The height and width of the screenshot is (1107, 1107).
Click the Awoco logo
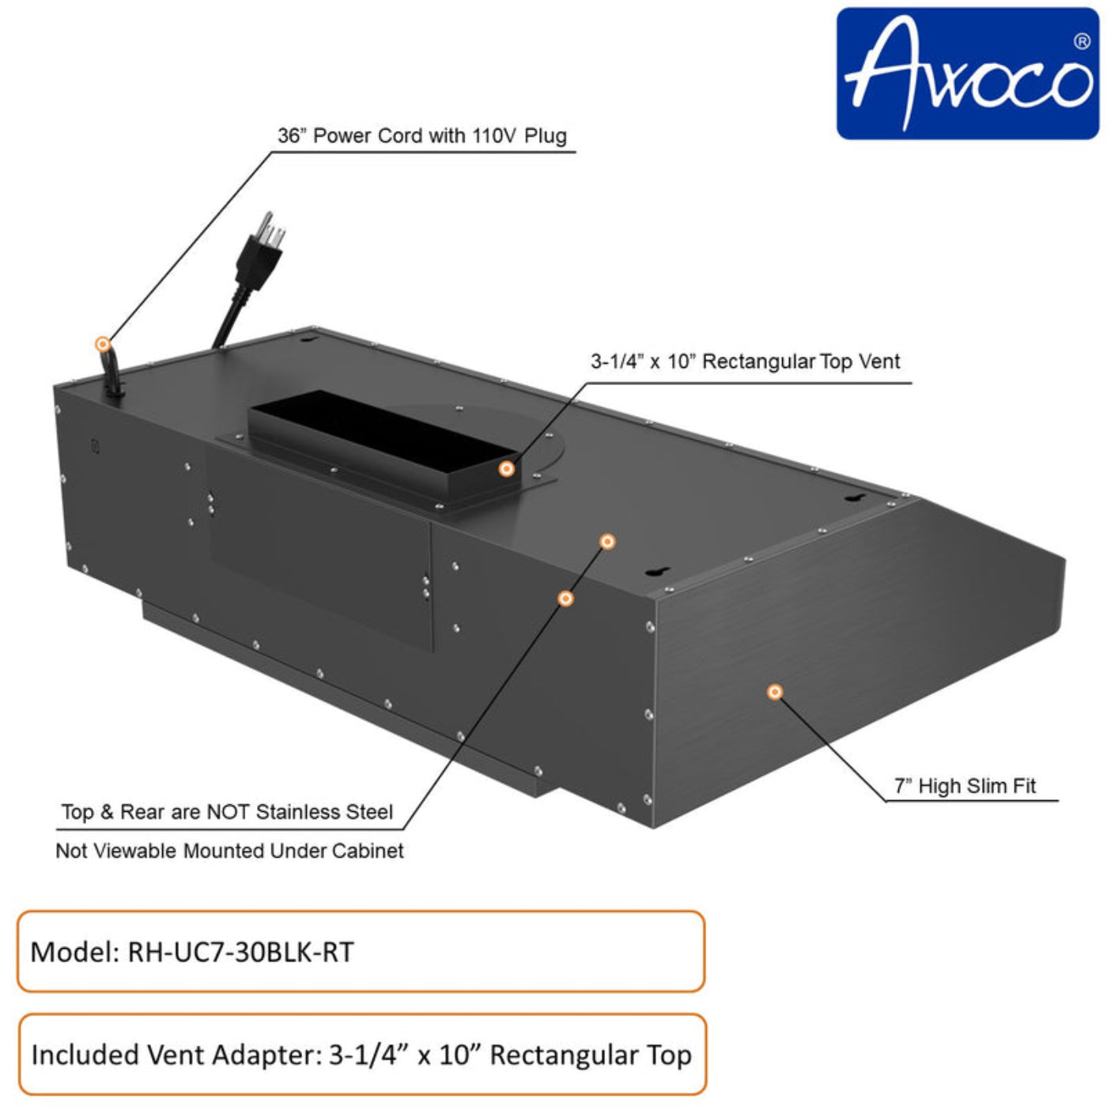pyautogui.click(x=967, y=74)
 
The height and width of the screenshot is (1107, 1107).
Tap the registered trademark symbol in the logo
pyautogui.click(x=1082, y=42)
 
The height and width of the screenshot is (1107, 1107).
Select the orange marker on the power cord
pyautogui.click(x=103, y=344)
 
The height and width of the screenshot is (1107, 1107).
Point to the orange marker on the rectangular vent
pyautogui.click(x=507, y=469)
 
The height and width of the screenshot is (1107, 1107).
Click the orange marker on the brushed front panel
pyautogui.click(x=775, y=692)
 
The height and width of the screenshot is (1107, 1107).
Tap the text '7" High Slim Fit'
pyautogui.click(x=965, y=786)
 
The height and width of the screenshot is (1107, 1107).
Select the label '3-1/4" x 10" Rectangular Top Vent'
pyautogui.click(x=745, y=361)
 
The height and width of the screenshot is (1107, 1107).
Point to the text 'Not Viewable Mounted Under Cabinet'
pyautogui.click(x=229, y=851)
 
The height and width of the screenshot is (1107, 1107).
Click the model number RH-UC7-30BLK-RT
pyautogui.click(x=240, y=951)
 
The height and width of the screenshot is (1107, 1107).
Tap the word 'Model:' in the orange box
pyautogui.click(x=74, y=951)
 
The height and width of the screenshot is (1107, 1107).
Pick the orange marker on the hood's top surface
pyautogui.click(x=607, y=542)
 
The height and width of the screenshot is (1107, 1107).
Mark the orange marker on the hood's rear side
pyautogui.click(x=565, y=599)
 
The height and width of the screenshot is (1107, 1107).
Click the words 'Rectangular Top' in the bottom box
pyautogui.click(x=590, y=1055)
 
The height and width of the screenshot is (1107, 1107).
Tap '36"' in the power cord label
pyautogui.click(x=291, y=136)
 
